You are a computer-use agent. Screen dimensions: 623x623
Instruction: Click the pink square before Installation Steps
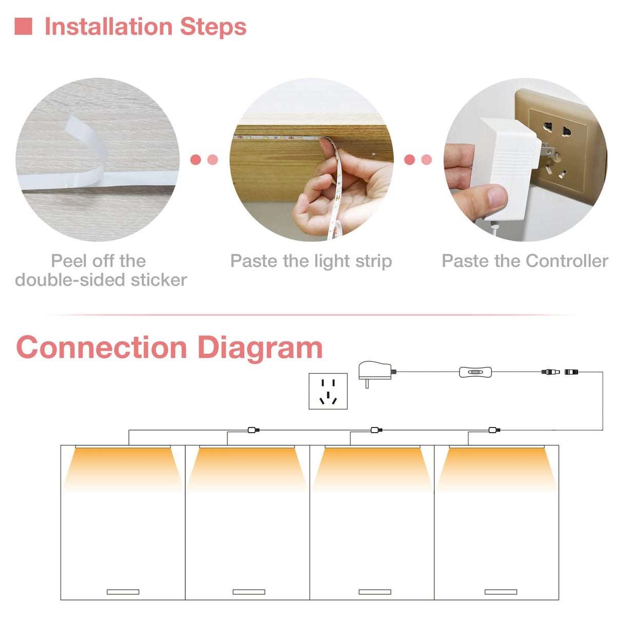(x=24, y=26)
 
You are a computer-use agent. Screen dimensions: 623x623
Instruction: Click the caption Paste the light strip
(x=311, y=261)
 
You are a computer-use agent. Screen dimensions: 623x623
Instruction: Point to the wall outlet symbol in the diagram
(x=328, y=391)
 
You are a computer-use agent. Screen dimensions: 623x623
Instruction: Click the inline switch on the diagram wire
(x=475, y=372)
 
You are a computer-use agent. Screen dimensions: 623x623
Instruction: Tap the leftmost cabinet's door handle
(x=123, y=592)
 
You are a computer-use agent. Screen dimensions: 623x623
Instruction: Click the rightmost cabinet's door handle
(x=501, y=592)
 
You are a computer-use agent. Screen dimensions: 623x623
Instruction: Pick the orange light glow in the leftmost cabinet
(x=123, y=464)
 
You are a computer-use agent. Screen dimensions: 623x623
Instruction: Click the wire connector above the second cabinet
(x=254, y=430)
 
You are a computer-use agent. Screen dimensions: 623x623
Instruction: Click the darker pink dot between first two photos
(x=196, y=160)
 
